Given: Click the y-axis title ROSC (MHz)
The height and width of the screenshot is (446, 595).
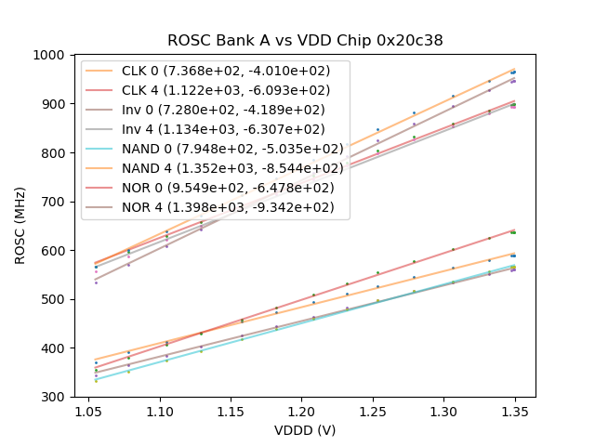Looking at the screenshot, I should pyautogui.click(x=20, y=226).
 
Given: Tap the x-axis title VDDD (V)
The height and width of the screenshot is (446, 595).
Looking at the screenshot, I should pyautogui.click(x=304, y=430).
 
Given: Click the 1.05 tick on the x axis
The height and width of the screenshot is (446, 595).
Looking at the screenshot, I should pyautogui.click(x=88, y=410).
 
